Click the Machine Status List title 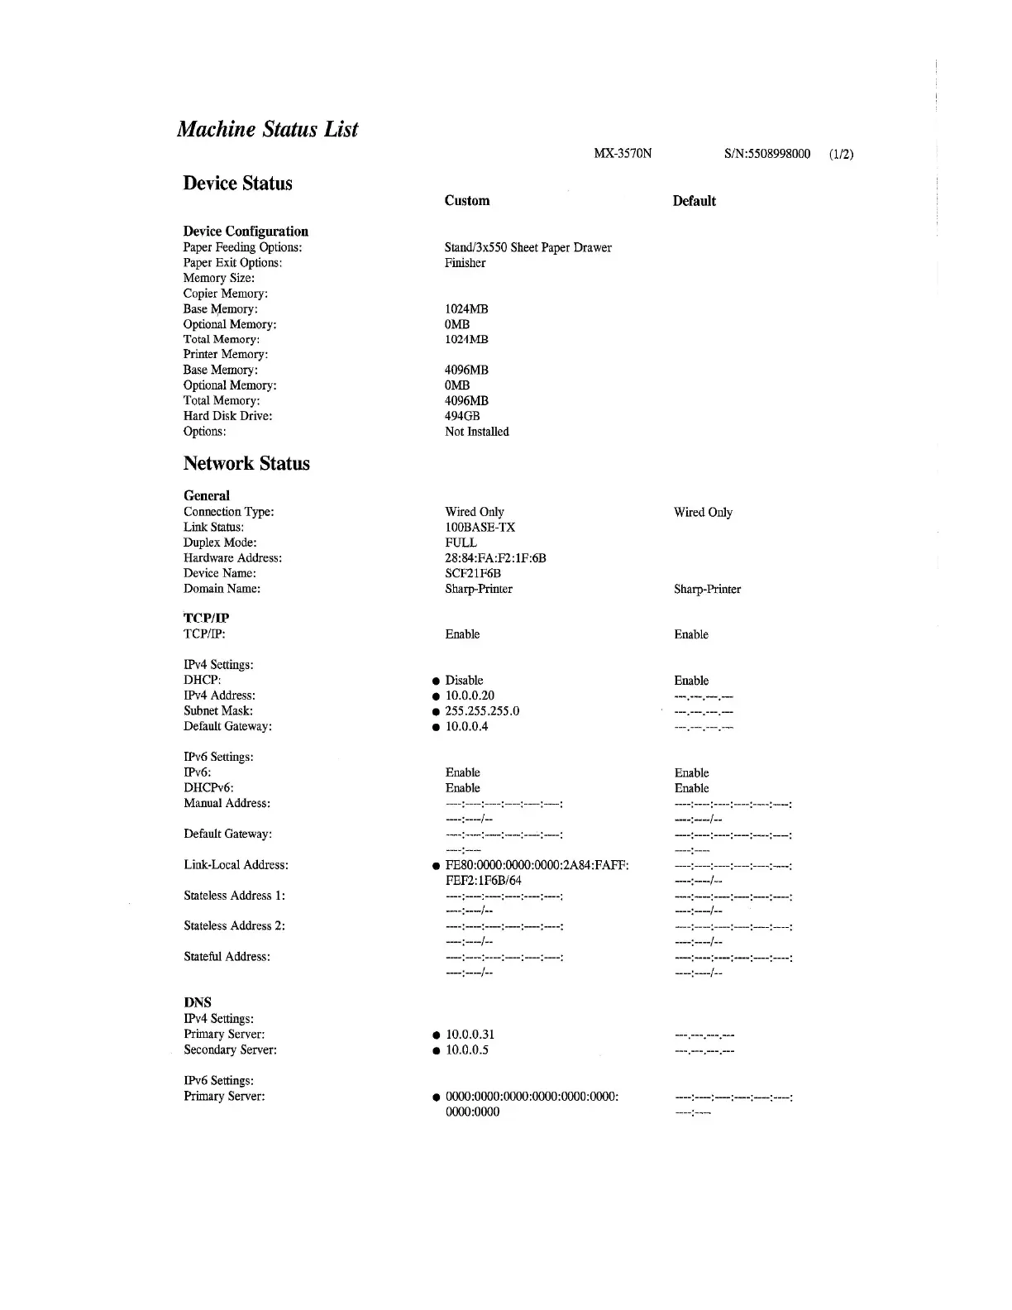267,129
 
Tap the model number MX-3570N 623,154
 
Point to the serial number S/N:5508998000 766,154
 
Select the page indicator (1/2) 841,154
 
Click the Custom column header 466,201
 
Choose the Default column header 694,201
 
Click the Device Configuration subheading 246,232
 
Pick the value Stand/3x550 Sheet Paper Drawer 527,247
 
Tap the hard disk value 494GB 462,416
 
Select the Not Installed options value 476,432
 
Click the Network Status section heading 246,464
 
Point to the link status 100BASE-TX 480,528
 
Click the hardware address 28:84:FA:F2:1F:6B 495,558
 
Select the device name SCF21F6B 473,573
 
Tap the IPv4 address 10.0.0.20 470,696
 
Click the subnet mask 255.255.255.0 482,711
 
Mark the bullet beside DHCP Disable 435,681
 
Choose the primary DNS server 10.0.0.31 470,1035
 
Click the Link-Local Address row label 236,865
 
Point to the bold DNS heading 198,1002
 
